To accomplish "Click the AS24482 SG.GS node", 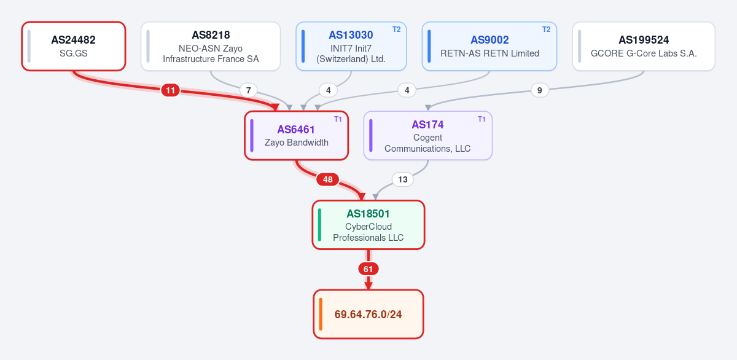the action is (x=74, y=46).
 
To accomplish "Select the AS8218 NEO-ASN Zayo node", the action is (x=211, y=46).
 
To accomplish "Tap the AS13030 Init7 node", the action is (x=351, y=46).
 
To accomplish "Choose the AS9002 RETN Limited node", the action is (x=489, y=46).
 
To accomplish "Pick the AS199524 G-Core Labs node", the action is (x=644, y=46).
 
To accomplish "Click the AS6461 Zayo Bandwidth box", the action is (x=296, y=136).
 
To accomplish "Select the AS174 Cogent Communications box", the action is (x=427, y=136).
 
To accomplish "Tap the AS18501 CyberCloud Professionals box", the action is (x=368, y=225).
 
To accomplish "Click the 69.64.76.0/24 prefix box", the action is (x=368, y=315).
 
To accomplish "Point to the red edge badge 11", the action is (x=171, y=90).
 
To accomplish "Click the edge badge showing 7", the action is (x=248, y=90).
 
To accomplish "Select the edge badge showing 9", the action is (x=540, y=90).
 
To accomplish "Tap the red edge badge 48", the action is (x=328, y=179).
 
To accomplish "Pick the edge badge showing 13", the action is (x=403, y=179).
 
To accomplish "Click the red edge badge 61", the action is (x=368, y=269).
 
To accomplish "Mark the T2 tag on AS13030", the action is (x=397, y=29).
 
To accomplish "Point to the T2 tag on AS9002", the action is (x=546, y=29).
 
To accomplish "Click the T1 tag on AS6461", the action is (x=338, y=119).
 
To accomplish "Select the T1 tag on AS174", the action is (x=482, y=119).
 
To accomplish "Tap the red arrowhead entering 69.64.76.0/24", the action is (x=368, y=286).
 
